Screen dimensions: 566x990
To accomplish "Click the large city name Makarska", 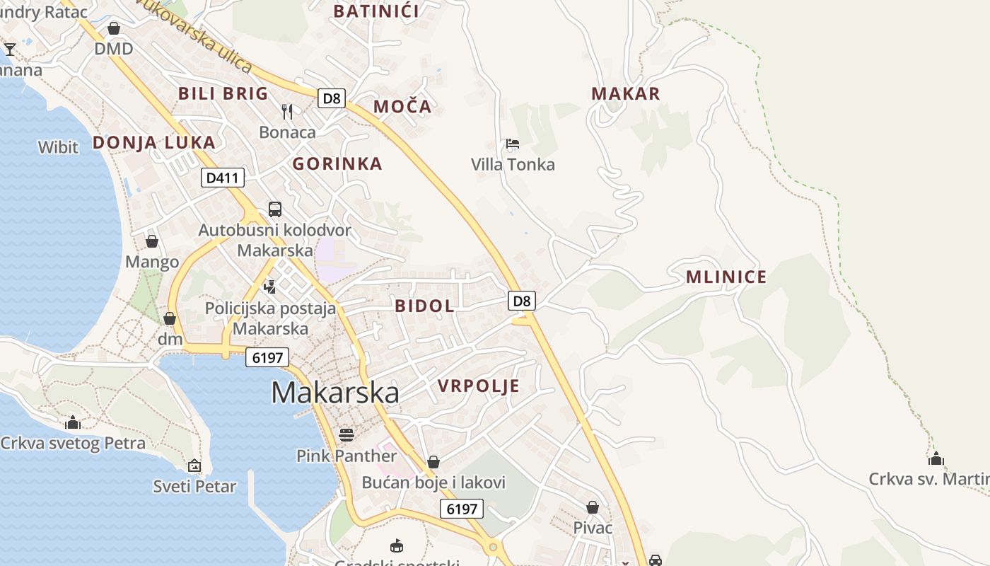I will click(x=334, y=393).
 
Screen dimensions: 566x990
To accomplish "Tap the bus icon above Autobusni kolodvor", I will click(x=275, y=209).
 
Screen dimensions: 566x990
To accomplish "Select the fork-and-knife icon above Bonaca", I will click(x=287, y=111).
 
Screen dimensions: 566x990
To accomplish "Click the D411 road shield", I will click(x=223, y=178).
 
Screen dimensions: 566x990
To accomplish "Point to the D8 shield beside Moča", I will click(x=331, y=98).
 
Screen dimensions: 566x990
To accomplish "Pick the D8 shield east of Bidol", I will click(x=522, y=301).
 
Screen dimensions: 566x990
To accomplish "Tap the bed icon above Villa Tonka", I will click(x=513, y=144).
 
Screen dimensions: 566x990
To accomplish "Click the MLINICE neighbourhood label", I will click(x=726, y=277).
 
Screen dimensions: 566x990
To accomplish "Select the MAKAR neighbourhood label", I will click(x=626, y=94).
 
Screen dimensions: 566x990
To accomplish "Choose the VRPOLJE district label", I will click(x=479, y=386).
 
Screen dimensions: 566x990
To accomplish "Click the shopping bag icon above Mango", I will click(x=152, y=241).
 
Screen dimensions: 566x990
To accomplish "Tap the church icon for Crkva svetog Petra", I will click(x=73, y=423).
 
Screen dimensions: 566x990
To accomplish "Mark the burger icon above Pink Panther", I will click(x=346, y=434).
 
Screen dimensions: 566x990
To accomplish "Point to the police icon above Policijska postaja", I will click(x=269, y=287).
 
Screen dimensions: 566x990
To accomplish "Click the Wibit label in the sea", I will click(x=58, y=148).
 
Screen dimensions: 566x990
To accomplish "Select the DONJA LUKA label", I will click(x=154, y=143).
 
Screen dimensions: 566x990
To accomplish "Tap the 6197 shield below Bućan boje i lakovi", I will click(x=462, y=508).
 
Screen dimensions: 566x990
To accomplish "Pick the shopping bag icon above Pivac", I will click(x=593, y=507).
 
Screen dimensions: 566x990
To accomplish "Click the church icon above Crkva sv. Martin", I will click(x=936, y=458).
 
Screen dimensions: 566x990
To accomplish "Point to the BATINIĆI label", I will click(x=376, y=11).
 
